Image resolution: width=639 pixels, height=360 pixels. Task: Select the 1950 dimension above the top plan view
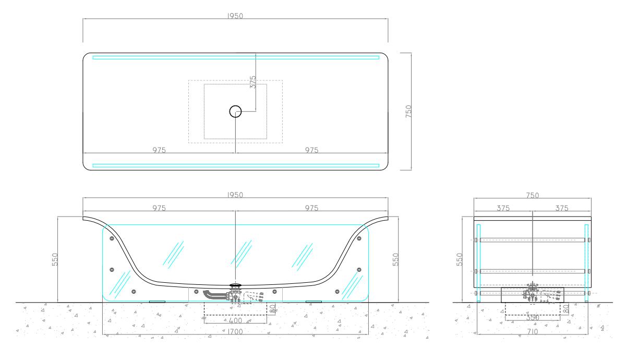235,16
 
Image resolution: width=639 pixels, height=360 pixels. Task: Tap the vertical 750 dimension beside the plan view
408,111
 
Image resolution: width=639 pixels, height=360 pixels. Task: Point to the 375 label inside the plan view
253,82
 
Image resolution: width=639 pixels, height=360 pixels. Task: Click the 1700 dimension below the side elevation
235,332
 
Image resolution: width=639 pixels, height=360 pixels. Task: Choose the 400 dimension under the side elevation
236,321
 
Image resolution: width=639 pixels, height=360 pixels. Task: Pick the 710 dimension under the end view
532,332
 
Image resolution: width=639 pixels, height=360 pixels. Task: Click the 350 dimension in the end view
533,318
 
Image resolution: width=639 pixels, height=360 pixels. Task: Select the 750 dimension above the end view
533,196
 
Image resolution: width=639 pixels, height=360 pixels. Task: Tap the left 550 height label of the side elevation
55,259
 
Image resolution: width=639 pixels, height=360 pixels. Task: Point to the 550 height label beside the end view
459,259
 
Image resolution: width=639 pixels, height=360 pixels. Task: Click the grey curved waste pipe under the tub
214,295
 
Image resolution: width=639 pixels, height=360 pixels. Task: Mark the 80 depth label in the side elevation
272,308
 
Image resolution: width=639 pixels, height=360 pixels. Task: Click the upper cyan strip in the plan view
236,57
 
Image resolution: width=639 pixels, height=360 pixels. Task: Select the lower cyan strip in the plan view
236,165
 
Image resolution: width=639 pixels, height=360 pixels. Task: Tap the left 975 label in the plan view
159,150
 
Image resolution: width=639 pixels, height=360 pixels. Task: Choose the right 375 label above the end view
562,208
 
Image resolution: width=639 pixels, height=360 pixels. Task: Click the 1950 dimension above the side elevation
235,195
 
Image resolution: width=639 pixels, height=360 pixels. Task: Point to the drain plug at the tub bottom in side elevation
235,285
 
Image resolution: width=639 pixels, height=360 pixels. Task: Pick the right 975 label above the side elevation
311,208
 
